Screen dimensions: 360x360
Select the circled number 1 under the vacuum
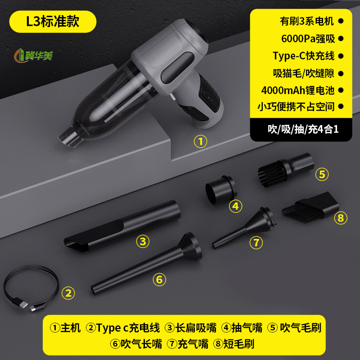pyautogui.click(x=200, y=142)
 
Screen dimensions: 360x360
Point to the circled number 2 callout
pyautogui.click(x=68, y=293)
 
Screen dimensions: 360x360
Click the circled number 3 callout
pyautogui.click(x=143, y=242)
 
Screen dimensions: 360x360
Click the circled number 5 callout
pyautogui.click(x=321, y=174)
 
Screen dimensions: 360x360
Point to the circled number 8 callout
pyautogui.click(x=341, y=218)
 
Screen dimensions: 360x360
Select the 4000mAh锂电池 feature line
pyautogui.click(x=298, y=90)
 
